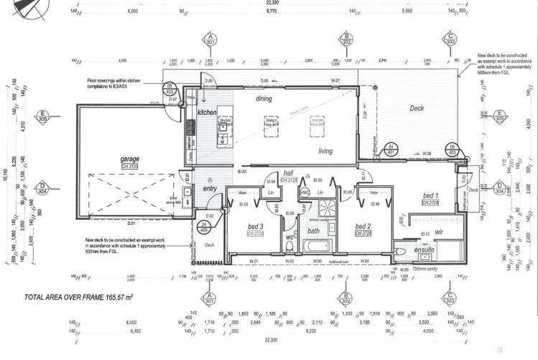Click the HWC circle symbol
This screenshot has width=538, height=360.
pyautogui.click(x=305, y=193)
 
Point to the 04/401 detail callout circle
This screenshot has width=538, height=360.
pyautogui.click(x=391, y=149)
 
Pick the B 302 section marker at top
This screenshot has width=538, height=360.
pyautogui.click(x=346, y=38)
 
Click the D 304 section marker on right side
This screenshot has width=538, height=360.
pyautogui.click(x=498, y=188)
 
